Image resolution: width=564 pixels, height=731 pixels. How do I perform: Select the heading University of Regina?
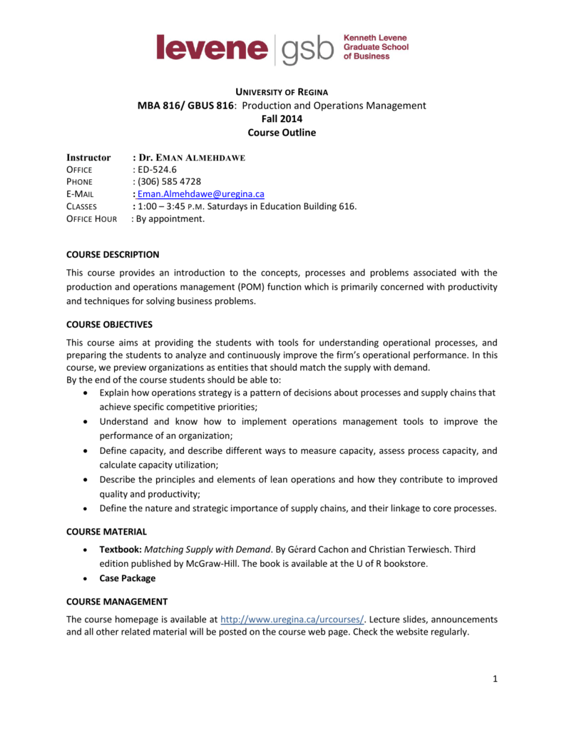click(x=282, y=91)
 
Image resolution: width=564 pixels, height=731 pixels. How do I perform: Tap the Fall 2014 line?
click(x=282, y=119)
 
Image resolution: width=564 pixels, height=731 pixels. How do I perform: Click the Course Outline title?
click(x=282, y=132)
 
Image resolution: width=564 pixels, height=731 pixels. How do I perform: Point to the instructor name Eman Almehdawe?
click(x=192, y=158)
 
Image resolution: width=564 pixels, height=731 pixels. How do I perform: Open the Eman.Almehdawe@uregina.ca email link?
click(x=201, y=194)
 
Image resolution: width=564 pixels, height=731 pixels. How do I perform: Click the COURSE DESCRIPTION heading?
click(x=113, y=254)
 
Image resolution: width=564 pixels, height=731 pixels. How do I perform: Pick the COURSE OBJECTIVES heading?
click(x=109, y=324)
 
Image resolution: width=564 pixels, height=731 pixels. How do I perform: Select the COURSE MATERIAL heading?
click(x=106, y=531)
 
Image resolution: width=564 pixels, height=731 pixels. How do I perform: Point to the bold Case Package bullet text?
click(x=127, y=578)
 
